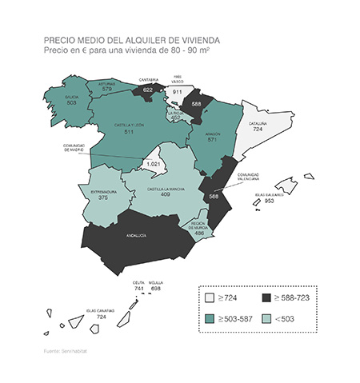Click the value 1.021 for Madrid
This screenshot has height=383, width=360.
[x=154, y=164]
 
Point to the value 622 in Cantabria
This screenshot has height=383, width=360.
[x=147, y=90]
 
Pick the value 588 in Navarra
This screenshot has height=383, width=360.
[x=197, y=104]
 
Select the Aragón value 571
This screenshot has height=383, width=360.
[x=212, y=140]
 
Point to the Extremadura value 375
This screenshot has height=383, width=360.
[x=102, y=197]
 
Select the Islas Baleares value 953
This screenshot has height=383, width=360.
[x=270, y=201]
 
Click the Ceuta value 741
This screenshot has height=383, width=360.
[x=138, y=288]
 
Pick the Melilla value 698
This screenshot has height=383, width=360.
[x=156, y=288]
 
